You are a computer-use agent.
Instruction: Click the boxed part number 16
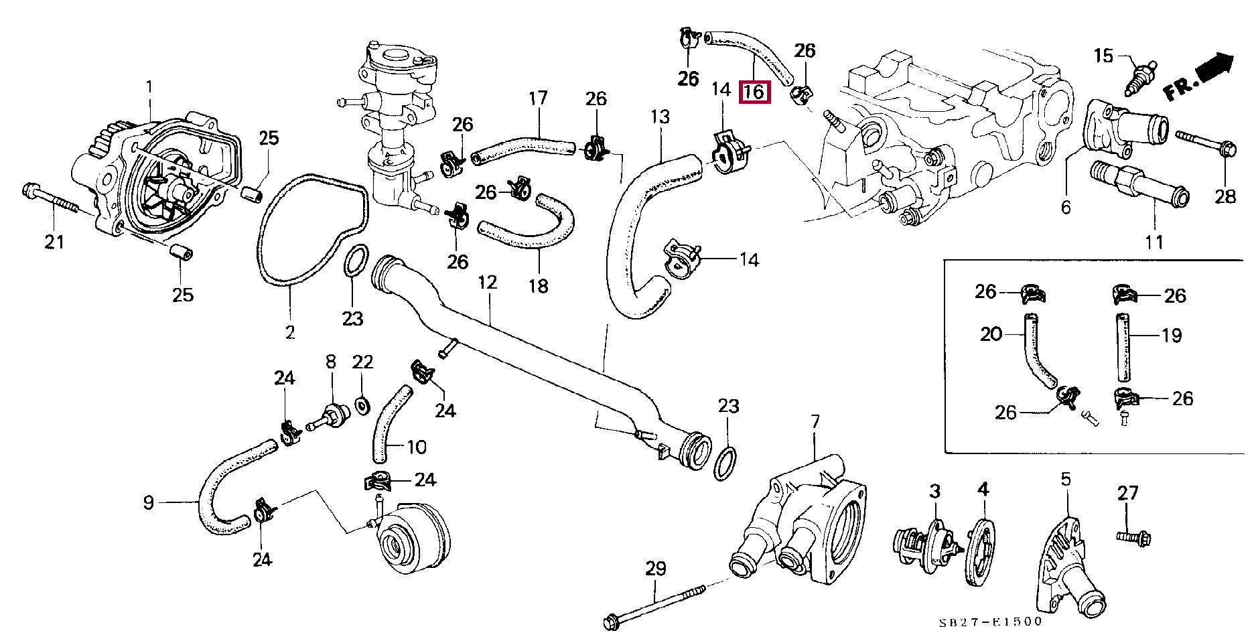pos(754,92)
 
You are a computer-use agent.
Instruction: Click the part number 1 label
pos(149,87)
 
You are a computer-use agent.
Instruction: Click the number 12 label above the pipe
pos(488,283)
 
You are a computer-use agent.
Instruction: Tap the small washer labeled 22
pos(362,405)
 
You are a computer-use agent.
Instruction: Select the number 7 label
pos(815,421)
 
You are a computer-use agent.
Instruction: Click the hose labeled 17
pos(523,147)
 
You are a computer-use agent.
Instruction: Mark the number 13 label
pos(660,117)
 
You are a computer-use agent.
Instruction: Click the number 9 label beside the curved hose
pos(149,502)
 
